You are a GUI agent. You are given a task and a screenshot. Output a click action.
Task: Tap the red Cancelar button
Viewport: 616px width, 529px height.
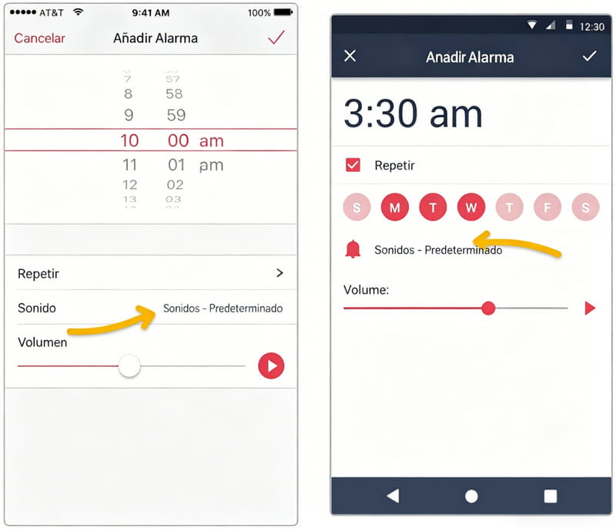tap(40, 38)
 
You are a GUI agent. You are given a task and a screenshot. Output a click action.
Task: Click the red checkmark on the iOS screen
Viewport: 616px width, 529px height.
tap(276, 37)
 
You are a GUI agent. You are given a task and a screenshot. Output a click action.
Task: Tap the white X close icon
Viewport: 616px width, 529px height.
tap(350, 56)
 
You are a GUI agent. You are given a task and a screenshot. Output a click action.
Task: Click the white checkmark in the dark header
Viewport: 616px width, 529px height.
tap(589, 56)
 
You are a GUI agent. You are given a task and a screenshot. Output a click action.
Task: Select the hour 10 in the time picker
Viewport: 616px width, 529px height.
tap(129, 140)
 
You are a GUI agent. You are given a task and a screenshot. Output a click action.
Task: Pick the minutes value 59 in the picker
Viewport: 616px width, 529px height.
tap(176, 115)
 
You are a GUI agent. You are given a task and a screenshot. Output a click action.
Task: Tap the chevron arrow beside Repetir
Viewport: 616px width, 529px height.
tap(280, 273)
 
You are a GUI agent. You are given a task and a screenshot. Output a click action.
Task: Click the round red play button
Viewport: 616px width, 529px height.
tap(271, 366)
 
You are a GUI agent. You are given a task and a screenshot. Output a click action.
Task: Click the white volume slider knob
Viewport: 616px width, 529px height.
tap(129, 366)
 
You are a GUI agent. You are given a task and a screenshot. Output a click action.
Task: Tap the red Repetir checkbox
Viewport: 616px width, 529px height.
tap(353, 165)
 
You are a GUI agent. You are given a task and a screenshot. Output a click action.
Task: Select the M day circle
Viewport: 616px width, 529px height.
tap(395, 207)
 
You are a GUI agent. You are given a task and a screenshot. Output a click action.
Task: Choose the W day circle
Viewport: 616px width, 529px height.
tap(471, 207)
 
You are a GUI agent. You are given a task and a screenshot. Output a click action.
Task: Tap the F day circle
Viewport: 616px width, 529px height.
tap(547, 207)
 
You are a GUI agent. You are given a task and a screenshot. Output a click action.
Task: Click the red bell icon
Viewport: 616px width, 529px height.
tap(353, 249)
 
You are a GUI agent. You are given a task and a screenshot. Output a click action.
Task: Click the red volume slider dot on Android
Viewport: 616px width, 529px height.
tap(488, 308)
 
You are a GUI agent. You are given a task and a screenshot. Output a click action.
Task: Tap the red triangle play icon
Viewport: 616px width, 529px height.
tap(590, 308)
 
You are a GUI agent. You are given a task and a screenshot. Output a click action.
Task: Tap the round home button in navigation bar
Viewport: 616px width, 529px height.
tap(471, 497)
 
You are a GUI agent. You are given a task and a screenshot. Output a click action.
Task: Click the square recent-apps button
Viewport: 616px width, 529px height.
tap(551, 497)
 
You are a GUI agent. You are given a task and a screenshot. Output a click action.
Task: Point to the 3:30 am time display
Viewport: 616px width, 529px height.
tap(413, 113)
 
